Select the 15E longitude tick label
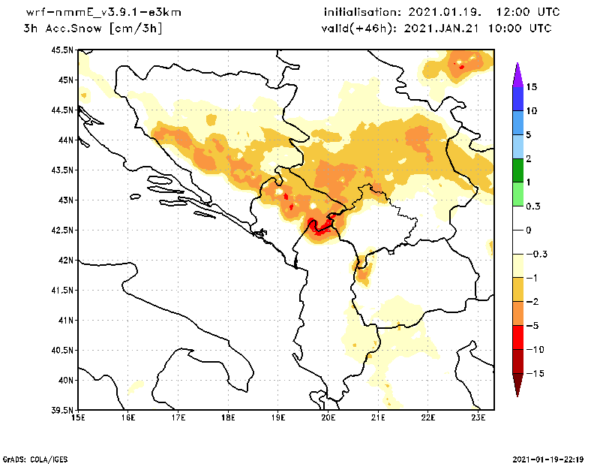point(77,417)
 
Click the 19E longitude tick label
point(278,417)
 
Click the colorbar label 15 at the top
point(531,87)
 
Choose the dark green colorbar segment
point(517,170)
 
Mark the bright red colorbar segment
point(517,338)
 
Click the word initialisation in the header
point(367,13)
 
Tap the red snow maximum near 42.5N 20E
point(321,227)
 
